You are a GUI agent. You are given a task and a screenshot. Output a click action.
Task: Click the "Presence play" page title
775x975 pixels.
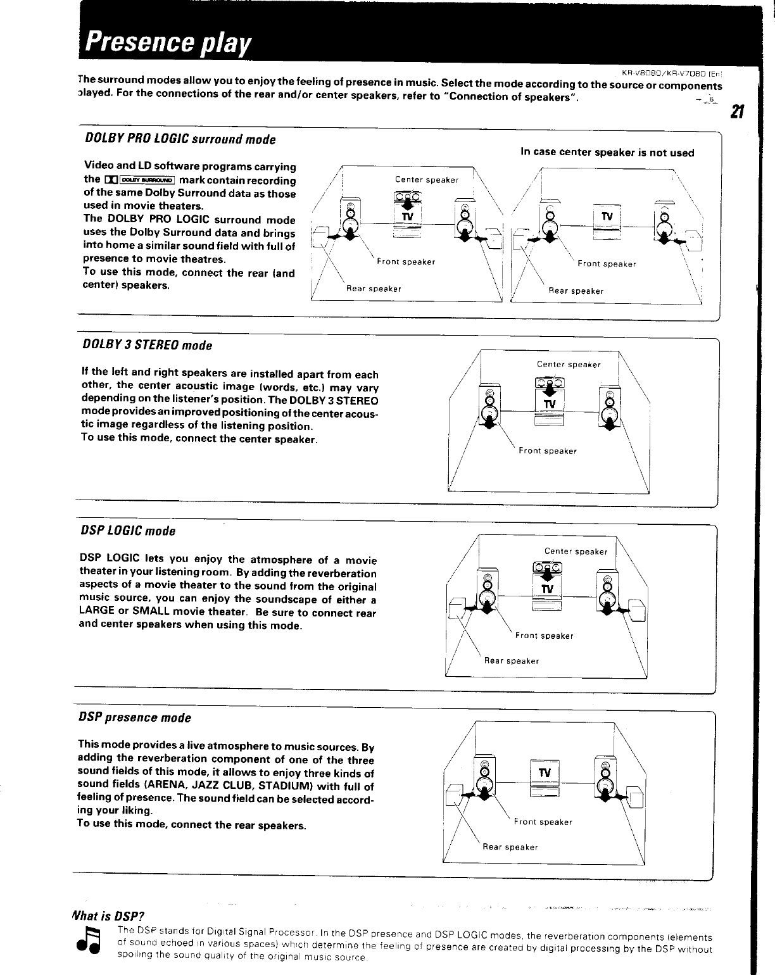point(165,41)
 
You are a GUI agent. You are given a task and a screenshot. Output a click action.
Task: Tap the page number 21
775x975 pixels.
point(736,112)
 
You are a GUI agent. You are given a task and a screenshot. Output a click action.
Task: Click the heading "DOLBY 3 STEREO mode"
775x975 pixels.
point(147,346)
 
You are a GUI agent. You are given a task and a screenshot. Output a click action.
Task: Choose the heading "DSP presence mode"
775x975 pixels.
point(134,717)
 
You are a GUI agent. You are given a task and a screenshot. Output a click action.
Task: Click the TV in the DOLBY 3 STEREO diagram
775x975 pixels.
point(548,404)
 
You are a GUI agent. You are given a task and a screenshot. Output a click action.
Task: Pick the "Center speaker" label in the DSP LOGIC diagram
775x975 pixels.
point(576,551)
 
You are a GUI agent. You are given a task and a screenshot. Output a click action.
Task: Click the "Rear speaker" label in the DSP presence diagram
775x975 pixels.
point(510,847)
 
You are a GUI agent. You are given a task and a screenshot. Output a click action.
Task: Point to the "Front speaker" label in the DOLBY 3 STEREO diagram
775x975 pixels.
point(548,451)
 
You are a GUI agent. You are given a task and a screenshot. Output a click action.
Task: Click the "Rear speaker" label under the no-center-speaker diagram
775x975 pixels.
point(576,291)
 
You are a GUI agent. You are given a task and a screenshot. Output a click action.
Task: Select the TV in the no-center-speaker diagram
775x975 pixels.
point(607,217)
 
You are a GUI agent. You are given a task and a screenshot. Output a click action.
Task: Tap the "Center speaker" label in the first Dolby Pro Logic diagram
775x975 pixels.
point(426,180)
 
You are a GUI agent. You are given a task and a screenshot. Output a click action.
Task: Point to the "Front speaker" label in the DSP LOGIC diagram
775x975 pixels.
point(544,636)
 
